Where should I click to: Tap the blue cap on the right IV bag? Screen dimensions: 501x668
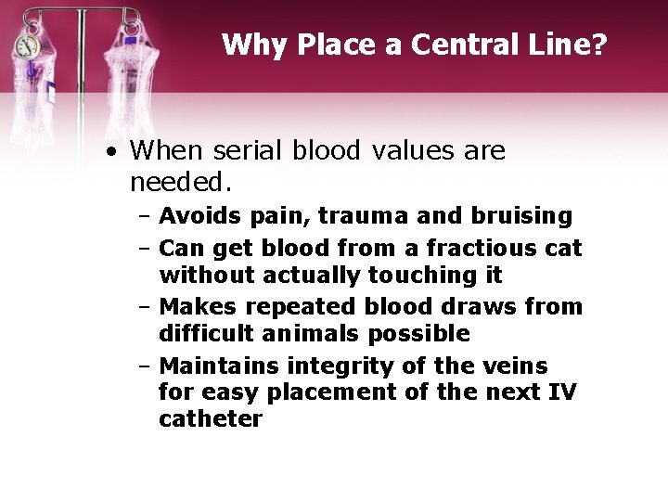coord(131,41)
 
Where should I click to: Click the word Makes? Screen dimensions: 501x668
coord(197,306)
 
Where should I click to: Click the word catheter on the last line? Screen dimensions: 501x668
coord(211,418)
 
